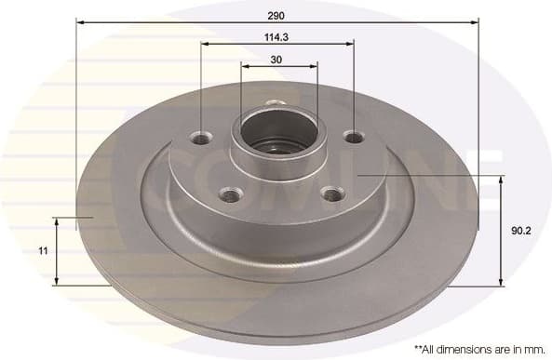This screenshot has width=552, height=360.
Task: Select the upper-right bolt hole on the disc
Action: pos(354,138)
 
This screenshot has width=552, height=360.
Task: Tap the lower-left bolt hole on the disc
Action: pos(227,194)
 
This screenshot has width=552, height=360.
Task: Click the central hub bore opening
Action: pos(277,131)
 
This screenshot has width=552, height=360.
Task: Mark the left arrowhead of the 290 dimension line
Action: pos(80,20)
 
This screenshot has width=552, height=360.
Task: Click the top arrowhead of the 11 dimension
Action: pos(58,222)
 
